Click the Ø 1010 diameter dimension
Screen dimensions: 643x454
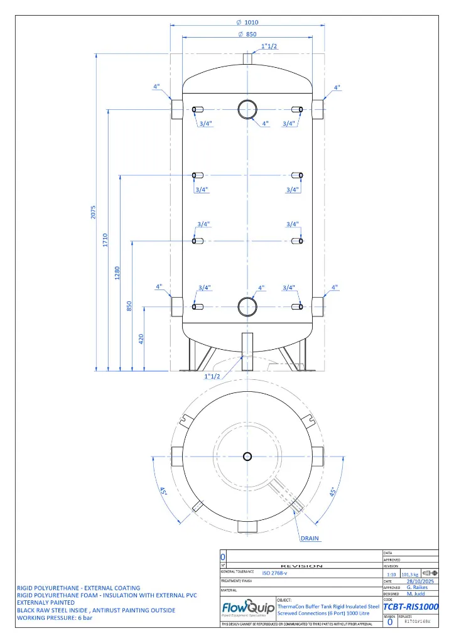(247, 22)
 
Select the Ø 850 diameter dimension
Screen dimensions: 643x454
(247, 35)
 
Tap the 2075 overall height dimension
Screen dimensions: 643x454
(93, 212)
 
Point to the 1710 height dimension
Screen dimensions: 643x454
(105, 239)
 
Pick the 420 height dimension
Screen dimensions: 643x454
(141, 338)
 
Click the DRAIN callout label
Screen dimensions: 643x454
(310, 538)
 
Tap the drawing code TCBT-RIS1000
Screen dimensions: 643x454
(410, 607)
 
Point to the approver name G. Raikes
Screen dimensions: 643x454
(417, 588)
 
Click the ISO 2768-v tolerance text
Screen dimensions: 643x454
(275, 573)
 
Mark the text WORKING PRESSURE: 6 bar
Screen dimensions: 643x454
(55, 618)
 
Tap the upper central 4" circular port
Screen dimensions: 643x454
(247, 109)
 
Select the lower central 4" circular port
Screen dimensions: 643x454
(247, 306)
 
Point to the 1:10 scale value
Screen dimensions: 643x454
(391, 573)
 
